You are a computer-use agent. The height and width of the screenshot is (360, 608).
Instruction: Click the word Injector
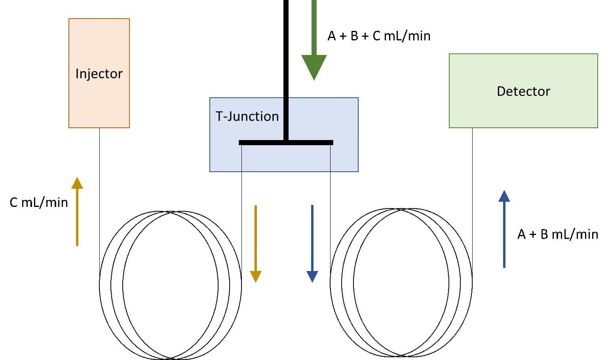coord(99,74)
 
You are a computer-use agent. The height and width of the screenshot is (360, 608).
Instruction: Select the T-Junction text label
coord(247,116)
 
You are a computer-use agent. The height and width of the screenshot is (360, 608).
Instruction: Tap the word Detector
coord(523,91)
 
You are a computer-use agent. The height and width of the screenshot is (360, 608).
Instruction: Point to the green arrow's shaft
coord(314,28)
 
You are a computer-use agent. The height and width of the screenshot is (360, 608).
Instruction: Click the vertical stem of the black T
coord(286,119)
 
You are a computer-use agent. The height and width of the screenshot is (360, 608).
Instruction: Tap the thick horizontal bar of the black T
coord(286,142)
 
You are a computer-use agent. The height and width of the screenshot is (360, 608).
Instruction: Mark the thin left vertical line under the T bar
coord(241,158)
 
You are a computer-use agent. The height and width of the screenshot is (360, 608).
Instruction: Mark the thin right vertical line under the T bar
coord(330,158)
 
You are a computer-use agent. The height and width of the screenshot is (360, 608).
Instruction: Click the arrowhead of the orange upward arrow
coord(77,183)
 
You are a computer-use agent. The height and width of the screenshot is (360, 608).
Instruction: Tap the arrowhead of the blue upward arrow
coord(504,197)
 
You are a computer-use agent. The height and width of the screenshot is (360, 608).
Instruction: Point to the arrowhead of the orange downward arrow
coord(256,276)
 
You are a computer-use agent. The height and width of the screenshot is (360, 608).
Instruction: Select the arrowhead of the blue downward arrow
coord(312,276)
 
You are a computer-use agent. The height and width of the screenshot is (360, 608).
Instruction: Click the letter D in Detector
coord(501,91)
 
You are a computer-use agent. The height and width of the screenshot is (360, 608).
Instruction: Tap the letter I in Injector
coord(77,74)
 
